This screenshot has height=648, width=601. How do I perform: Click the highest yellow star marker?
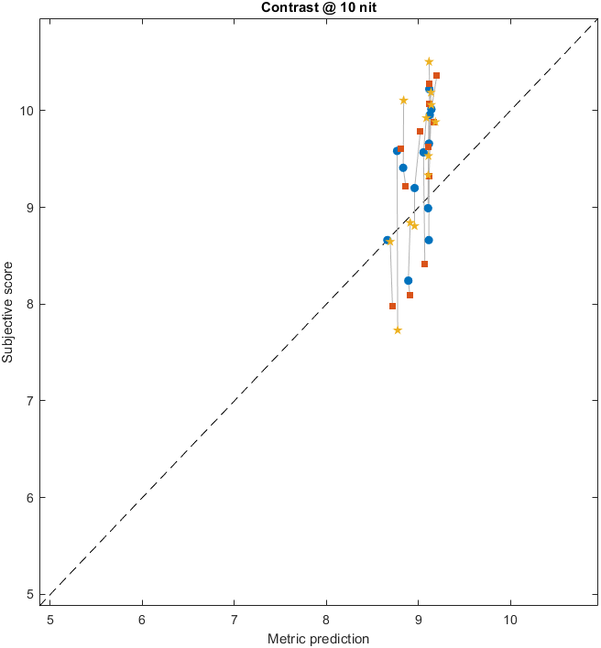[429, 61]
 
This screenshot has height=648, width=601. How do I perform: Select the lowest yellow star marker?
[398, 330]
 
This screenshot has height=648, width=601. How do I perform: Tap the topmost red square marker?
[436, 75]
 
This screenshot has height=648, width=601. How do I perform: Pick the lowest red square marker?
[392, 306]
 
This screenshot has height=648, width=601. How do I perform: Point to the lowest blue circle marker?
[408, 280]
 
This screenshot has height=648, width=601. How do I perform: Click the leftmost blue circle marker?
[387, 240]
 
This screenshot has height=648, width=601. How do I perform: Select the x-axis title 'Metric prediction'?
[318, 638]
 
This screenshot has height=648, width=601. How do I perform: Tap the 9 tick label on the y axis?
[29, 207]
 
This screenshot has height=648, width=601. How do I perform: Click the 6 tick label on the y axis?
[29, 497]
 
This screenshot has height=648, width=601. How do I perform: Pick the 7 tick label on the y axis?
[29, 401]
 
